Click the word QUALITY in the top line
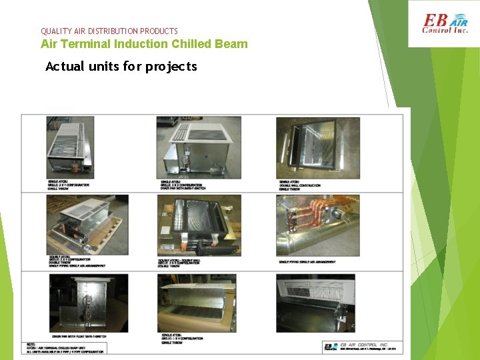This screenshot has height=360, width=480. click(55, 31)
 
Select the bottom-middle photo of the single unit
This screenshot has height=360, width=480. click(197, 303)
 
